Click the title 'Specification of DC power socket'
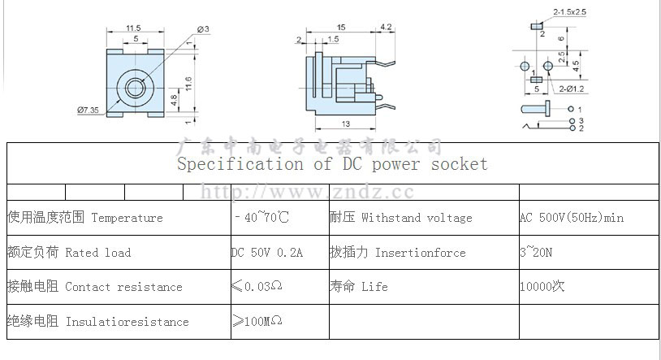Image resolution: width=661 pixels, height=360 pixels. coord(332,164)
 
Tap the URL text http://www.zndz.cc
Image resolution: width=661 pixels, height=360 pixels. coord(307,193)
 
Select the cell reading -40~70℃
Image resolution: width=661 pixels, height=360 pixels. coord(261,218)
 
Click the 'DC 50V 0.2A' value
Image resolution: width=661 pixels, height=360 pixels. coord(267,253)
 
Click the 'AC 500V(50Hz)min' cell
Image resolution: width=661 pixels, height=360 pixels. coord(572,218)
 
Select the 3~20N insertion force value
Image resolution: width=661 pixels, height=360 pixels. coord(536,253)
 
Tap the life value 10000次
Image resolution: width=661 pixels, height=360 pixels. coord(542,287)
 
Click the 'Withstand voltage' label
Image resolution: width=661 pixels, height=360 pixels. coord(417,218)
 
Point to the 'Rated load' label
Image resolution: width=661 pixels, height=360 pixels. coord(97,253)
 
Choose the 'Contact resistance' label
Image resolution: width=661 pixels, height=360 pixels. coord(123,287)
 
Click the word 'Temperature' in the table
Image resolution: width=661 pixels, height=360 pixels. coord(127,218)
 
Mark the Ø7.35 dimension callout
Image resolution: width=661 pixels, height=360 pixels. coord(88,110)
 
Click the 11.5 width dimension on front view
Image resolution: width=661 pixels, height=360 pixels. coord(134,29)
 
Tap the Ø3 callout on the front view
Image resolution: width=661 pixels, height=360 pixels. coord(203,30)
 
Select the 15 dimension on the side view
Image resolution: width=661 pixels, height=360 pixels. coord(341,28)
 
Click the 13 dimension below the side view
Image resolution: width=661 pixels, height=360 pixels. coord(346,124)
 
